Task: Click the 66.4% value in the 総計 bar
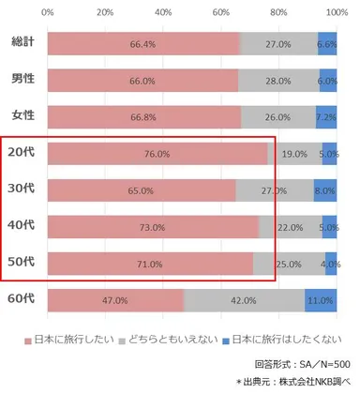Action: click(x=142, y=44)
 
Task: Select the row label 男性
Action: click(x=22, y=81)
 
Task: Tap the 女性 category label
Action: click(x=22, y=117)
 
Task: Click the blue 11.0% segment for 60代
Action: click(x=321, y=300)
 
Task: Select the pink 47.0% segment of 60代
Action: click(x=114, y=300)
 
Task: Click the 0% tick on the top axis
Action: click(x=48, y=13)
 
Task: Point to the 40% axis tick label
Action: click(x=163, y=13)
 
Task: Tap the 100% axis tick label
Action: click(x=335, y=13)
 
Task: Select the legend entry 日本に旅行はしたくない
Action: click(x=299, y=337)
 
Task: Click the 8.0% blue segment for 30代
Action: click(x=325, y=190)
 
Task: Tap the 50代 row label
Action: click(x=22, y=263)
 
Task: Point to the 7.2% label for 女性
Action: click(x=326, y=117)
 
